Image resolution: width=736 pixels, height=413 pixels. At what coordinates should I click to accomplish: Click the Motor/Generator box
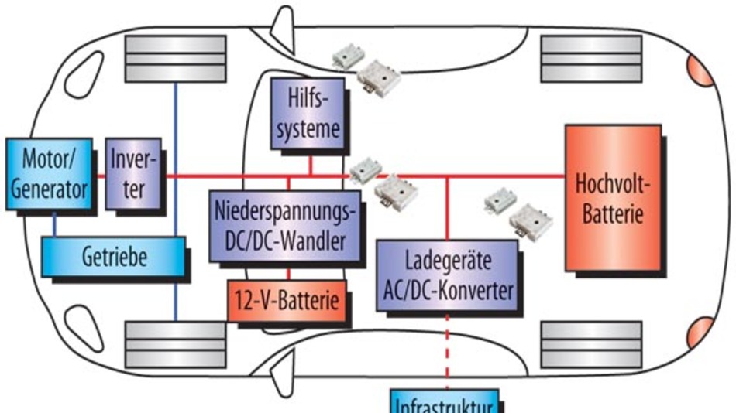coord(48,174)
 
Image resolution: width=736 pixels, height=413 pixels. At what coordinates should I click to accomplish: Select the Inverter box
coord(132,174)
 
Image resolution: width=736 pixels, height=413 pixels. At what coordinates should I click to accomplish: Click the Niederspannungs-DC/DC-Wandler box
coord(286,224)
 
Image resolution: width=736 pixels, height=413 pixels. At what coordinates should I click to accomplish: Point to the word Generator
coord(48,188)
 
